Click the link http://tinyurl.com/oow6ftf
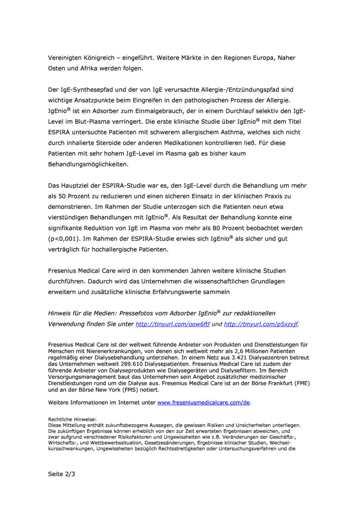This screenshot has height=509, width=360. [x=173, y=324]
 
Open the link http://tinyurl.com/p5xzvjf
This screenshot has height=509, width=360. [x=261, y=324]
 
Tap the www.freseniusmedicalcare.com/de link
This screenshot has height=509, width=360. [x=203, y=403]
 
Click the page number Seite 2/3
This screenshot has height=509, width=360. [x=62, y=474]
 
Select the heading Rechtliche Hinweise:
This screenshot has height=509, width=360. [x=72, y=420]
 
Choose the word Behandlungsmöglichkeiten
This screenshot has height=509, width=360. [x=88, y=164]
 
